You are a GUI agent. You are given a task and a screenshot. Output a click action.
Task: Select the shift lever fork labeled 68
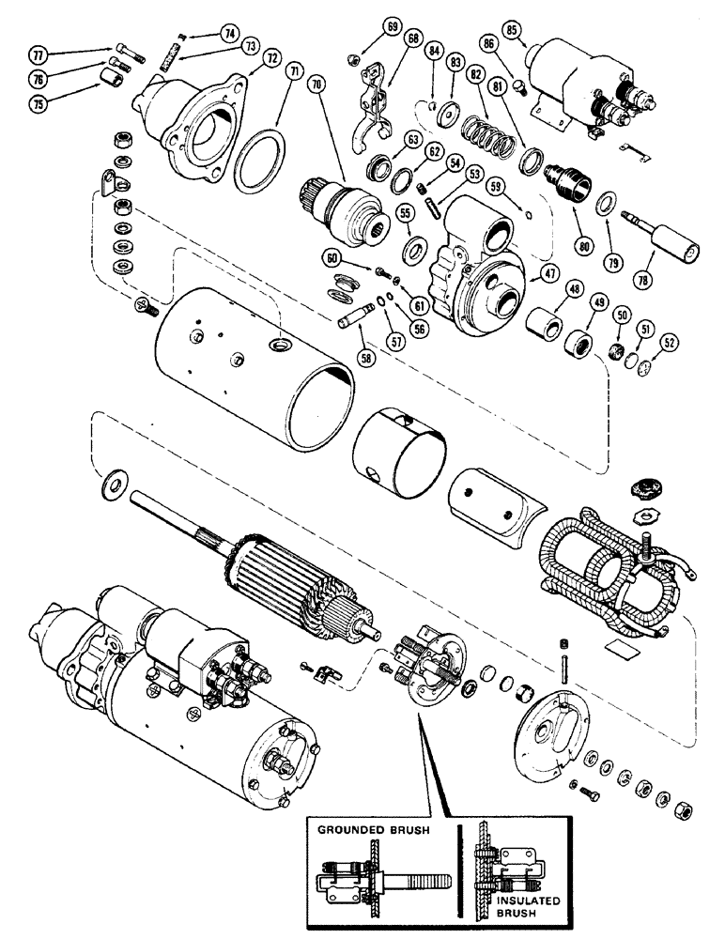pyautogui.click(x=374, y=100)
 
